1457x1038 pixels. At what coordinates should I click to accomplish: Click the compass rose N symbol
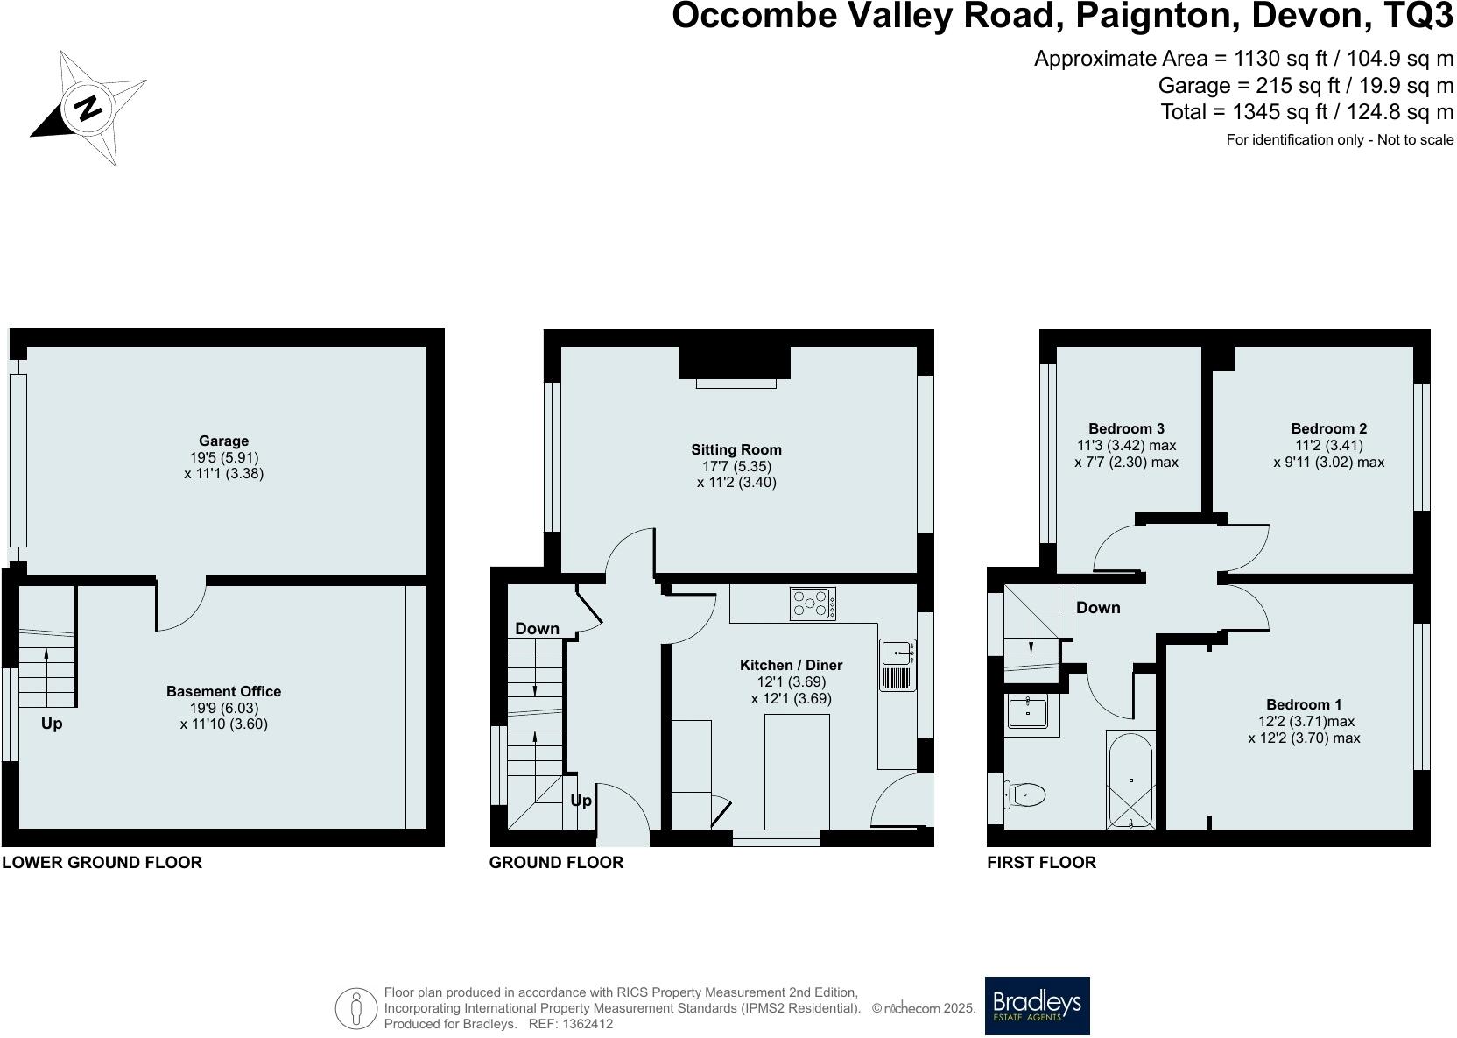(x=88, y=108)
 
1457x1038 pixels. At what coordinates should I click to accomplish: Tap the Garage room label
(x=223, y=441)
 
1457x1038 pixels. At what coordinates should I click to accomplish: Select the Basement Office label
(x=223, y=692)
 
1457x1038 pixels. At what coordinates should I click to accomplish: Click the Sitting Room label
(x=736, y=450)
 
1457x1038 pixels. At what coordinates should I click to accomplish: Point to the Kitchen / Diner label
(x=791, y=666)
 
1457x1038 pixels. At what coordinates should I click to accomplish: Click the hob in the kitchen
(x=813, y=604)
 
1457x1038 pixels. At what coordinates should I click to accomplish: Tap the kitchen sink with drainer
(x=897, y=666)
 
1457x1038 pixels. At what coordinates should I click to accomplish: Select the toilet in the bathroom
(x=1025, y=795)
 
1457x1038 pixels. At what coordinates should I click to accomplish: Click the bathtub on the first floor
(x=1130, y=780)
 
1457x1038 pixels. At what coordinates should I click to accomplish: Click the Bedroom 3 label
(x=1126, y=428)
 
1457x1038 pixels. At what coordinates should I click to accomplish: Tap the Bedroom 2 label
(x=1328, y=428)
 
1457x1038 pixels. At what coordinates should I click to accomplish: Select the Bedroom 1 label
(x=1304, y=704)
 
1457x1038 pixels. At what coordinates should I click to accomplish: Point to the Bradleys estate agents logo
(x=1037, y=1006)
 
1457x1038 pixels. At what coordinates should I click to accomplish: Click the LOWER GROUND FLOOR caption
(x=102, y=862)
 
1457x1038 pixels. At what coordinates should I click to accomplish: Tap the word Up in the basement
(x=52, y=724)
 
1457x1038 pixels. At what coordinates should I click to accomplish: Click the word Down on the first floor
(x=1098, y=607)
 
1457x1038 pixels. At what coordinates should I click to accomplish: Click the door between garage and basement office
(x=180, y=604)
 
